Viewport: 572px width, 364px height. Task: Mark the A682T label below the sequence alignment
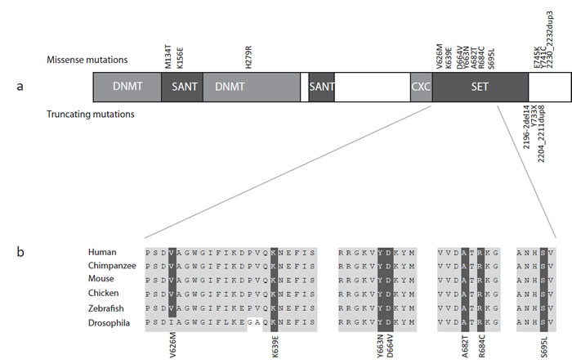pos(464,344)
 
